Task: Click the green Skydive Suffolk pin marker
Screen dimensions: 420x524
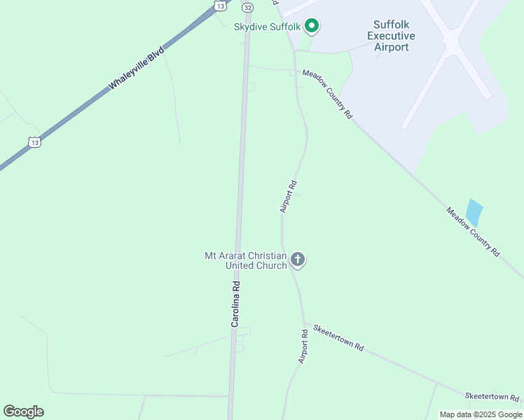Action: click(312, 27)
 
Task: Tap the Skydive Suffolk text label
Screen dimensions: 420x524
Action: click(267, 27)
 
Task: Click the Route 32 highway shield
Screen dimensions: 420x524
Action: click(247, 6)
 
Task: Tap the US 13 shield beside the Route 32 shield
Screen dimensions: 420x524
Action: click(220, 6)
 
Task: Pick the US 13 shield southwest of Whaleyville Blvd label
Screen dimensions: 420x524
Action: click(34, 142)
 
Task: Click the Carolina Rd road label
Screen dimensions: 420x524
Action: click(236, 304)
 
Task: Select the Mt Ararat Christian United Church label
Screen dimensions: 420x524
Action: click(246, 260)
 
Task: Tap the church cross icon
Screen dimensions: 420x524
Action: click(298, 260)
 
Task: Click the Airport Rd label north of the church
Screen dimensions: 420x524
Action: click(288, 197)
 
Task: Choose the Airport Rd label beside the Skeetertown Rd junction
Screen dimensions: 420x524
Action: click(303, 346)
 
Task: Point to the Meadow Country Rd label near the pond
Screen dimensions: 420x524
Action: click(474, 231)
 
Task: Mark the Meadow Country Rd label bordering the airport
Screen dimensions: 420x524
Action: click(327, 94)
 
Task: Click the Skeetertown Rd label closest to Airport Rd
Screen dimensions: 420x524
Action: click(339, 337)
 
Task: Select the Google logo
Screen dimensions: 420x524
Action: click(23, 412)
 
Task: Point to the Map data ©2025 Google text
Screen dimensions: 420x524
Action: click(481, 414)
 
